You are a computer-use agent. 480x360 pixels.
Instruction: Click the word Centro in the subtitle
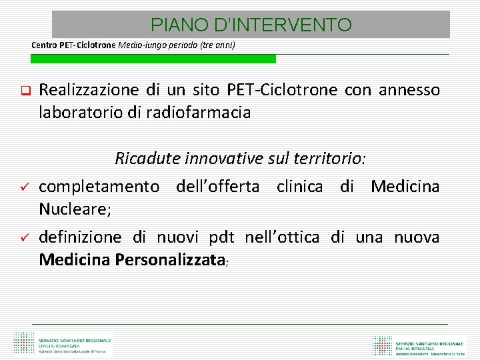point(45,45)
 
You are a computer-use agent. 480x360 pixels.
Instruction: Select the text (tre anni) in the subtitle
point(218,45)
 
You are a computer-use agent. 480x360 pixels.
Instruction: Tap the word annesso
point(409,90)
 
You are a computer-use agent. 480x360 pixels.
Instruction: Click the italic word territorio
point(329,159)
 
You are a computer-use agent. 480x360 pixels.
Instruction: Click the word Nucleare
point(73,209)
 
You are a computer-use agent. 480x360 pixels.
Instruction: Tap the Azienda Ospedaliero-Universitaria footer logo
point(421,345)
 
